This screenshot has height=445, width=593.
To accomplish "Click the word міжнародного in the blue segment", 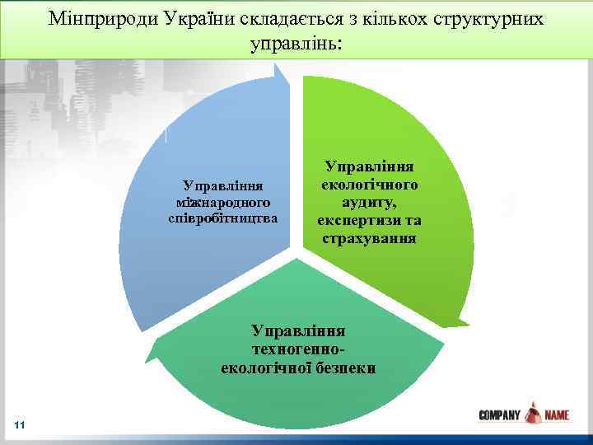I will [223, 203].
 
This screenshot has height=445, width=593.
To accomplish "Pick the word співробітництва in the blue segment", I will [223, 218].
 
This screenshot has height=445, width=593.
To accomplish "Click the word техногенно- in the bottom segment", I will [298, 349].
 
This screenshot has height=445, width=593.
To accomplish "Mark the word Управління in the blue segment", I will [223, 187].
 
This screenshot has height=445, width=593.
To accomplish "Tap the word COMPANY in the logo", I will [499, 416].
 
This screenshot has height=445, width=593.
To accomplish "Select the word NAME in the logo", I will [556, 416].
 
